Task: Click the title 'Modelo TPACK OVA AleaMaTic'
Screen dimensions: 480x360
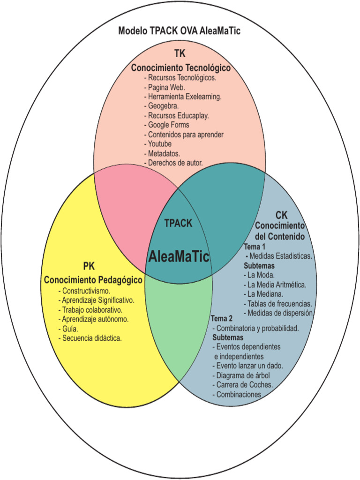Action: coord(180,31)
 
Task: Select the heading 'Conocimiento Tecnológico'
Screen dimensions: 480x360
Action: coord(180,68)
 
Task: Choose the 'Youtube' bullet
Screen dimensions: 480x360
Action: coord(159,144)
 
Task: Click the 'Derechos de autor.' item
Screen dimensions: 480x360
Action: coord(175,163)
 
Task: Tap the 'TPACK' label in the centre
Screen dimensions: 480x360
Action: coord(178,224)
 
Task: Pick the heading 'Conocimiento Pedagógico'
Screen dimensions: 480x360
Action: coord(93,280)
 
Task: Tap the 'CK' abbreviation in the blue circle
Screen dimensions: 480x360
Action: coord(281,215)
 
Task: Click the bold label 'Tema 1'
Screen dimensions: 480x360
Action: coord(255,247)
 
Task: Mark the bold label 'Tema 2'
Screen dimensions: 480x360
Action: coord(221,319)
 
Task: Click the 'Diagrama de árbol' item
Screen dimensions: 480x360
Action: coord(242,375)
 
